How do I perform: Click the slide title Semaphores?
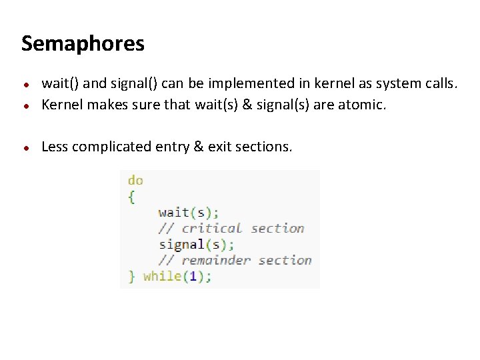(83, 44)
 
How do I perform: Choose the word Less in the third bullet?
(55, 147)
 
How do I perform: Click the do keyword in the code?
(135, 181)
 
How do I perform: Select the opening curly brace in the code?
(131, 197)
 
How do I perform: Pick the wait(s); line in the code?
(189, 213)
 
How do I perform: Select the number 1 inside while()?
(193, 276)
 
